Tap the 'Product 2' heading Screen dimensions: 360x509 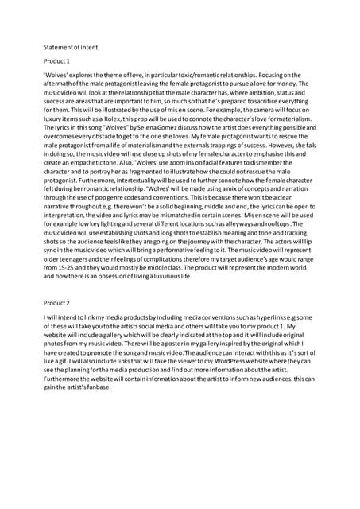coord(56,302)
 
